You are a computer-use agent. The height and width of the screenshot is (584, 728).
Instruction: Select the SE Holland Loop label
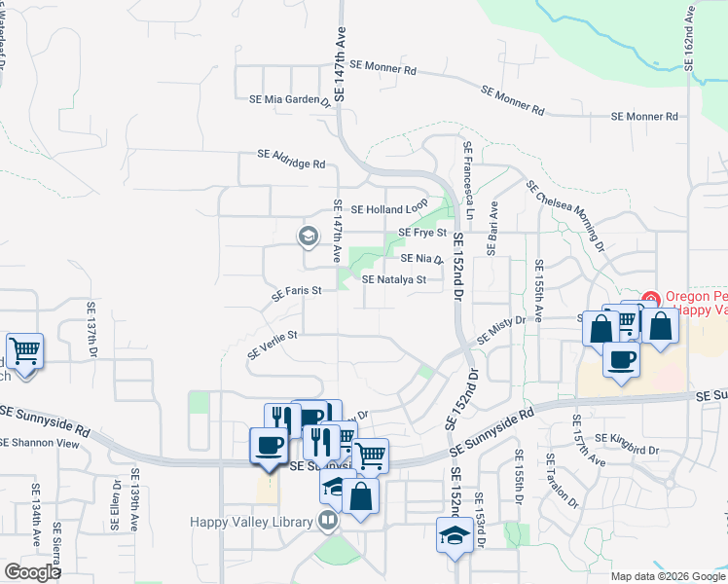(389, 208)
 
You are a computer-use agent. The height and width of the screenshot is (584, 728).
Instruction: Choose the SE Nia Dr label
(421, 260)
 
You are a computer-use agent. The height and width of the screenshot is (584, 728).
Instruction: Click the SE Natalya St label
(394, 280)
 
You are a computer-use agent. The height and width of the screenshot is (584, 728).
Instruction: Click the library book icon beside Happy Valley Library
(328, 522)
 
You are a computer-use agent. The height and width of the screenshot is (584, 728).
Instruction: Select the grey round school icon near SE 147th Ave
(309, 237)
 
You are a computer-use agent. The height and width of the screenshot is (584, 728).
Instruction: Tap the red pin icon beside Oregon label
(651, 298)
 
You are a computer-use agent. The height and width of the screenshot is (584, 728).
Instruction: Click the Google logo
(32, 572)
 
